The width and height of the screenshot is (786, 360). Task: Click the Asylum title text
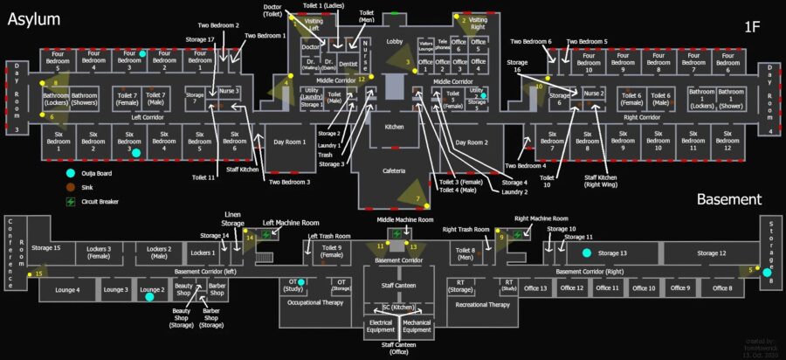(x=35, y=18)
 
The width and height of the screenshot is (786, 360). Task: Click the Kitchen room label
(x=395, y=127)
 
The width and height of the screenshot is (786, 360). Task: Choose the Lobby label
(x=395, y=41)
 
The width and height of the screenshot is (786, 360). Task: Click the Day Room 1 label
(x=290, y=142)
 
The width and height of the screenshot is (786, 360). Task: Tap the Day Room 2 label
(x=471, y=142)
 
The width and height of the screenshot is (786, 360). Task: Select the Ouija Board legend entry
(x=98, y=173)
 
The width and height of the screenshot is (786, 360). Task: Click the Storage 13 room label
(x=611, y=253)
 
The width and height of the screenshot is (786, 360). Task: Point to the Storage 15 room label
(x=45, y=249)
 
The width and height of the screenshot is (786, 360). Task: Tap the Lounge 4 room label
(x=67, y=289)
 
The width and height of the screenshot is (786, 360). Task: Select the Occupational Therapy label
(x=312, y=302)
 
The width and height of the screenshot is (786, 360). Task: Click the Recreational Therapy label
(x=483, y=305)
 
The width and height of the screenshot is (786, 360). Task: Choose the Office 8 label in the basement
(x=721, y=288)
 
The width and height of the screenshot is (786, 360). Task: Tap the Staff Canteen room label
(x=398, y=286)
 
